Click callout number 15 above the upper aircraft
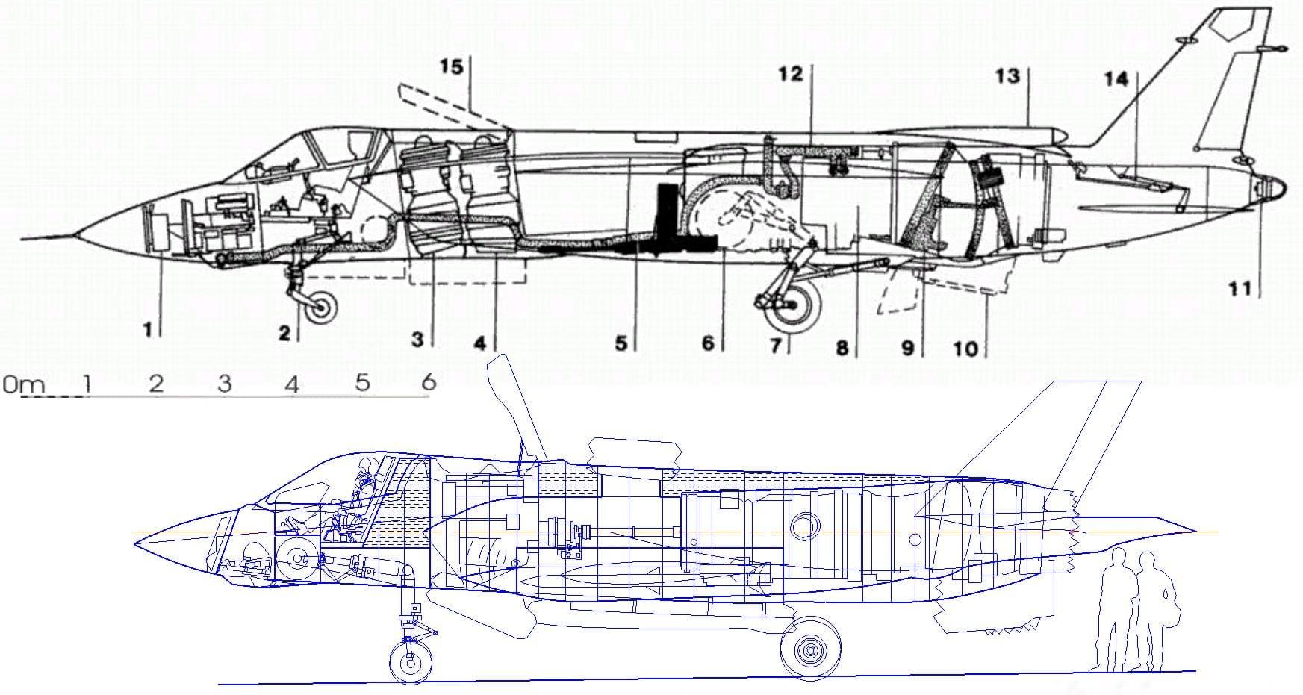(451, 67)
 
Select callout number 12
(790, 73)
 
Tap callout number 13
(1007, 75)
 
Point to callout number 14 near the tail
(1116, 78)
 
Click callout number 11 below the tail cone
(1240, 288)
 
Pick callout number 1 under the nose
(149, 328)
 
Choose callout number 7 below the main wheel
(777, 346)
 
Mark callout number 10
(965, 349)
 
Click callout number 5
(622, 344)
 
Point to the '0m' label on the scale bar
(23, 385)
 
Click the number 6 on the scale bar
(428, 381)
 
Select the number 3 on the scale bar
(224, 384)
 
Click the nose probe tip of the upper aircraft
(22, 239)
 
